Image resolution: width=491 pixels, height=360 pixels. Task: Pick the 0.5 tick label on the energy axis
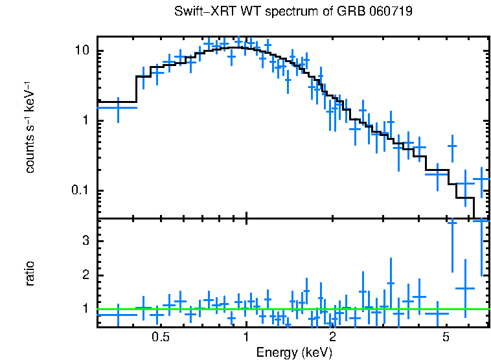pos(160,337)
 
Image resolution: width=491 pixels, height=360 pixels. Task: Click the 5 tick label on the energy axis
pos(445,337)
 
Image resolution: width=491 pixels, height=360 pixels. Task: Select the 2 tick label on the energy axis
pos(332,337)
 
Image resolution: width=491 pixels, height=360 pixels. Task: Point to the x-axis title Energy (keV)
pos(294,352)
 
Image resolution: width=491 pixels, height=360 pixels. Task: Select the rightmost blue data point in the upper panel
pos(481,179)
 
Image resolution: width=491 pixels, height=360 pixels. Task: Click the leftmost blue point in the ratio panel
pos(118,315)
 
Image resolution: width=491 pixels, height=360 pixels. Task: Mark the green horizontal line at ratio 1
pos(291,309)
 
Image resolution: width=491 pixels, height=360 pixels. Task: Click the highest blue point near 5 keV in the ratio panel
pos(452,223)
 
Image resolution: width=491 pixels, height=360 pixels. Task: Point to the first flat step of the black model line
pos(117,102)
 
